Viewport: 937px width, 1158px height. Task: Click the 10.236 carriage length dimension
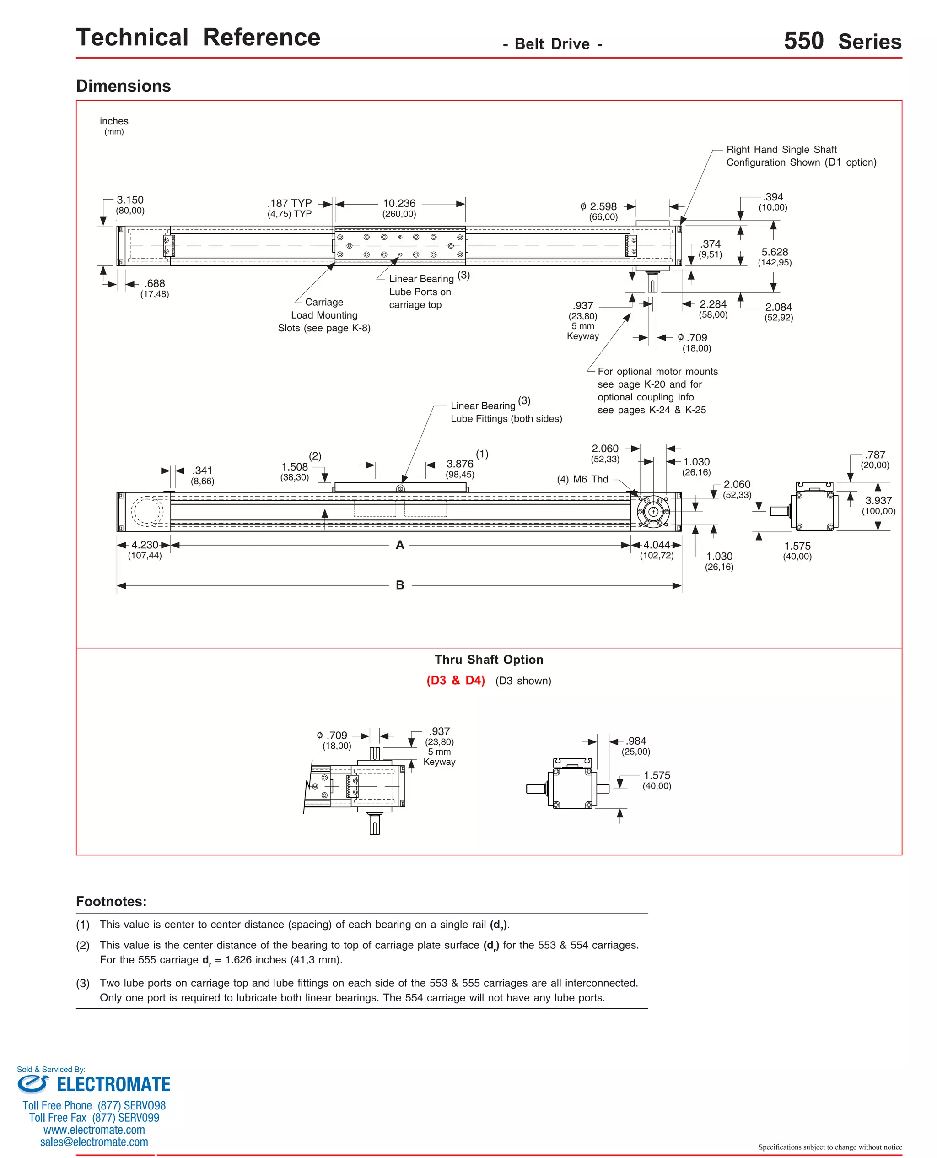[399, 204]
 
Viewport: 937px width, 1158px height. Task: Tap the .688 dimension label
[155, 283]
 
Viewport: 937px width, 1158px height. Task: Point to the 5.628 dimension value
[775, 252]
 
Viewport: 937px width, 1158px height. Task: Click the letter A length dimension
[399, 545]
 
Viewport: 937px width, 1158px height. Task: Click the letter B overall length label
[399, 585]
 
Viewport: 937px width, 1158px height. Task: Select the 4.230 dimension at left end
[145, 545]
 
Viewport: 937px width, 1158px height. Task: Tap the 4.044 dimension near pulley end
[657, 545]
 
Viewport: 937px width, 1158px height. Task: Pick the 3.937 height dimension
[878, 500]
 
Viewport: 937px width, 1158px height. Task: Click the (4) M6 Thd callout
[582, 479]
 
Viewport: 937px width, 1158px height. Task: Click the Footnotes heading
[111, 902]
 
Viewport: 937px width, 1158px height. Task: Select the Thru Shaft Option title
[489, 660]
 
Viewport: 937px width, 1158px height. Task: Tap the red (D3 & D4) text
[456, 680]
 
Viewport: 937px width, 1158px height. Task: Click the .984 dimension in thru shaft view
[636, 741]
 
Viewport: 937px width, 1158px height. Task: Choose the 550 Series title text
[842, 42]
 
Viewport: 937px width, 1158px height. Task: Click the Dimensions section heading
[123, 86]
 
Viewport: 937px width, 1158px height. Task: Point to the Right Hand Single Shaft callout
[801, 156]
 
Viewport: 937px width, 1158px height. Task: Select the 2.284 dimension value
[713, 304]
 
